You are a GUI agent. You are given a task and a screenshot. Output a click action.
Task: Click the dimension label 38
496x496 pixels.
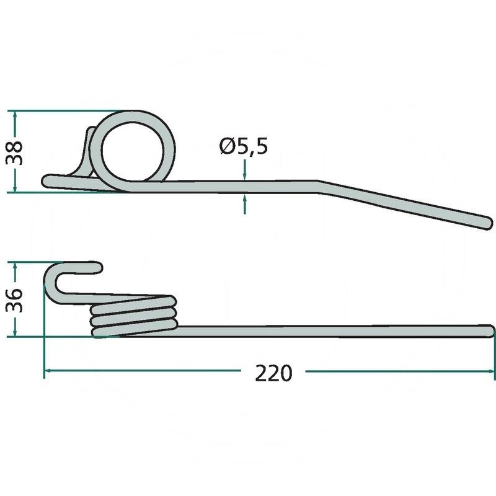(14, 153)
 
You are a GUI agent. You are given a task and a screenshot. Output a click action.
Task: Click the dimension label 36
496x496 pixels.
(14, 301)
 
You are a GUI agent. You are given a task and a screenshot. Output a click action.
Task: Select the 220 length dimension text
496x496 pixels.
(273, 374)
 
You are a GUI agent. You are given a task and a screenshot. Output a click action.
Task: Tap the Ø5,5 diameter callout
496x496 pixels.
(244, 146)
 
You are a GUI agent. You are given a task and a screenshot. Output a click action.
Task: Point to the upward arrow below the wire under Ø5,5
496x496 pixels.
(244, 204)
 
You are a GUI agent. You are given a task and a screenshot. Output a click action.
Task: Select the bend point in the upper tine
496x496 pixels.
(319, 187)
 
